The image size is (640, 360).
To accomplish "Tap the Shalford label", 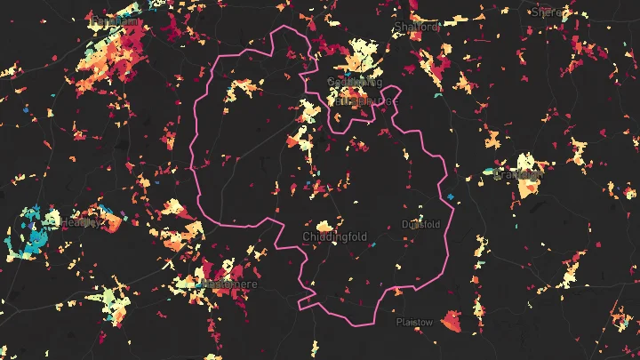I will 418,27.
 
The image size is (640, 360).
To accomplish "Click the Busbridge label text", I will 364,100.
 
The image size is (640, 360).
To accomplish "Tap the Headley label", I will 81,223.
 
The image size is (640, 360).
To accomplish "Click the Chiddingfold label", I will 332,237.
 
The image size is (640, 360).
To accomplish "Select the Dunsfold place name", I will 420,224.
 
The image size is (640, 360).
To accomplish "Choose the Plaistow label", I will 414,322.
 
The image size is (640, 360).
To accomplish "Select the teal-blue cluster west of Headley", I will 30,222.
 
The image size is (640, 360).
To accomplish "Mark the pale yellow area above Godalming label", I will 360,53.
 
